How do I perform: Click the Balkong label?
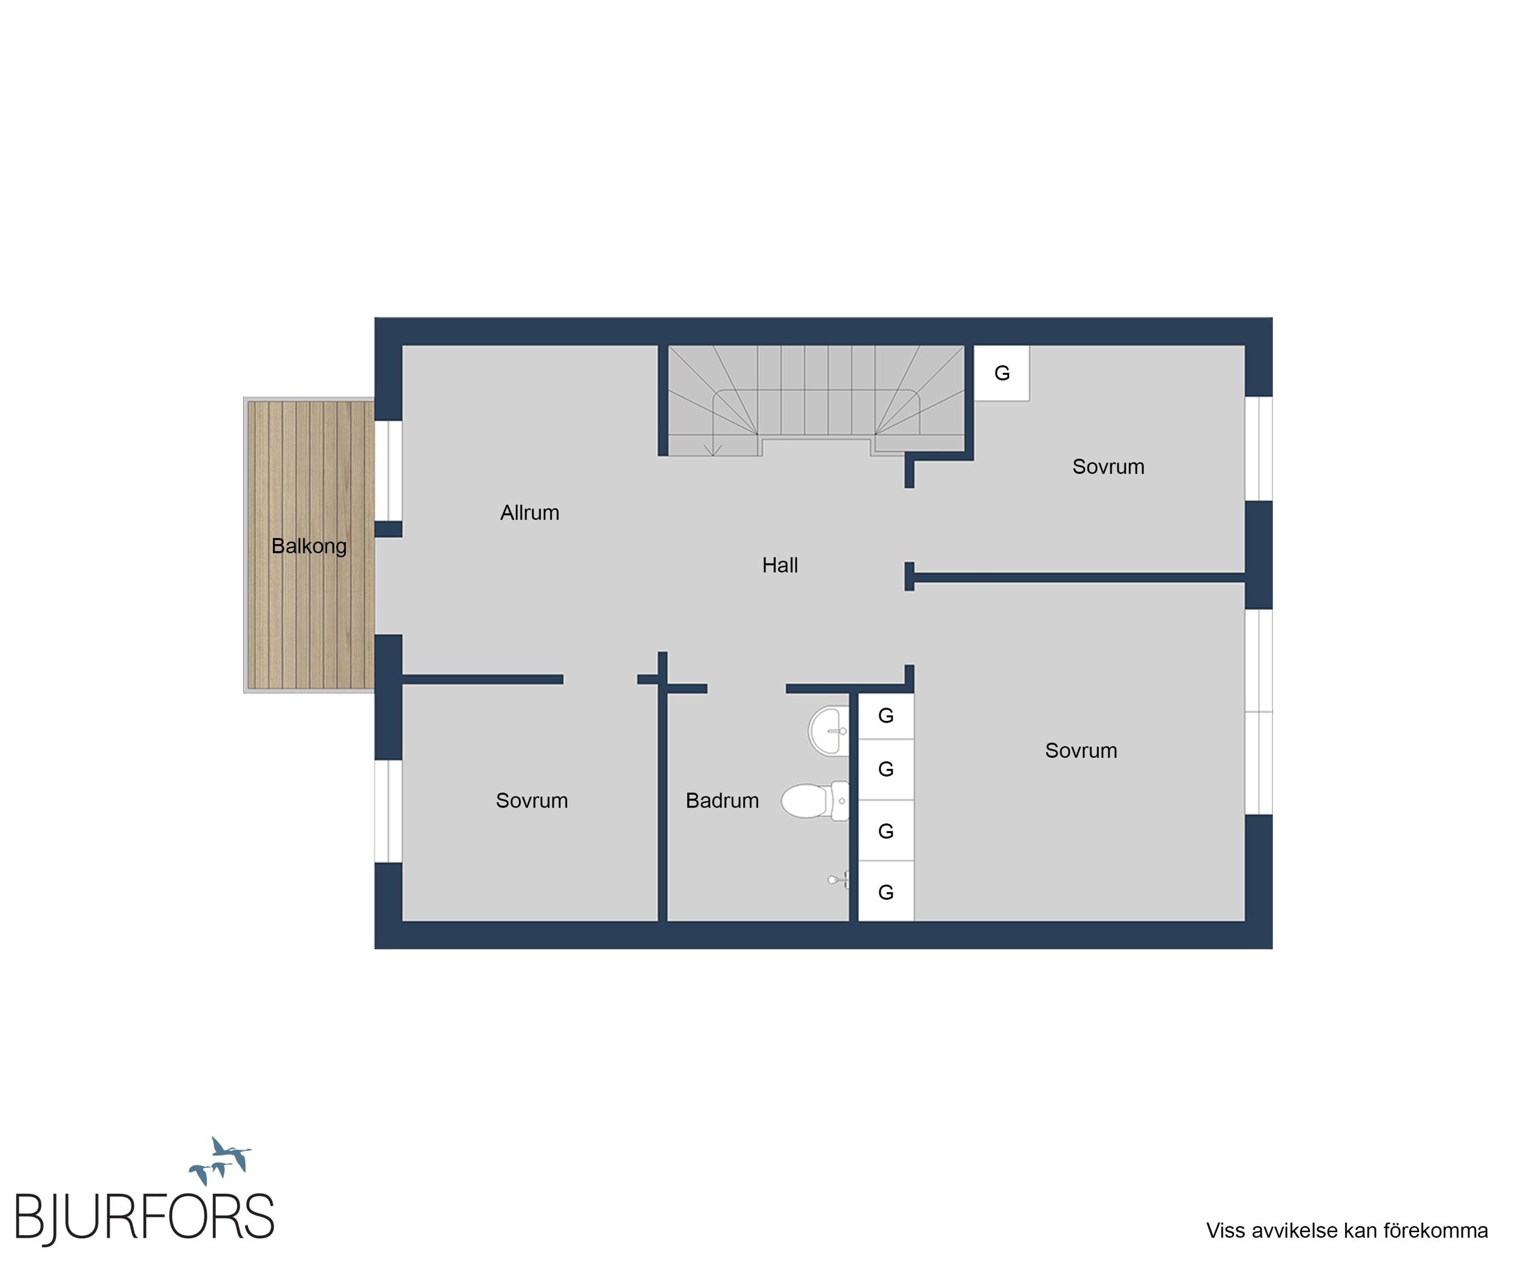309,546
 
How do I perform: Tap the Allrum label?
530,512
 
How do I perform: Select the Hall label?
780,565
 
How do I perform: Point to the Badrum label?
722,800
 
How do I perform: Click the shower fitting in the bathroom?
838,880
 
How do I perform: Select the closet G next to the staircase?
1002,373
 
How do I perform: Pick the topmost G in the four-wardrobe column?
886,716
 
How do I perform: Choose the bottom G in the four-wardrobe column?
886,892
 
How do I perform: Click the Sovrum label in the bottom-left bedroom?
532,800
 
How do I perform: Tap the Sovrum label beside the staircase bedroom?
1108,467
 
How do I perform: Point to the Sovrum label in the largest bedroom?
1081,751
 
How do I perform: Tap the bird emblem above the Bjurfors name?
220,1161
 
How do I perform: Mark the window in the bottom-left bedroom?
388,811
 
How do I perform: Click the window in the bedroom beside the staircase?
1259,448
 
